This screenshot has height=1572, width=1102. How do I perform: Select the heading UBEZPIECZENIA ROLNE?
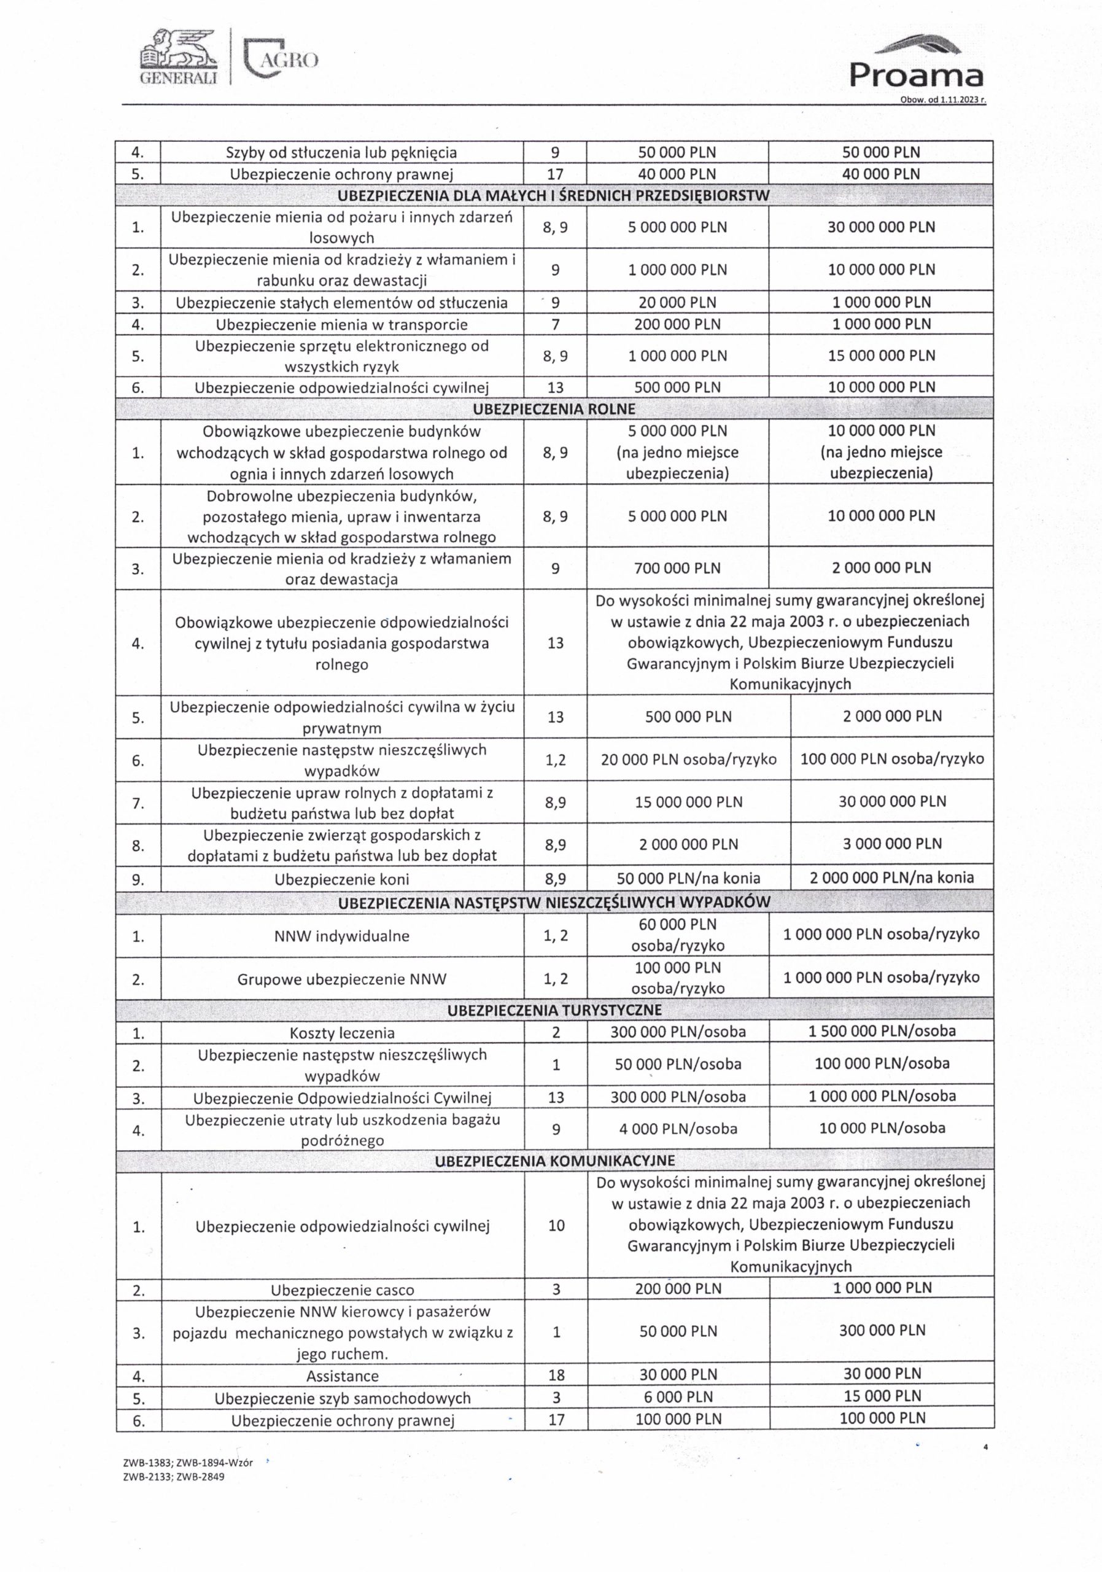click(554, 409)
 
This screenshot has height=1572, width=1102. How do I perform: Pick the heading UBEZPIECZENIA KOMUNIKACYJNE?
click(554, 1160)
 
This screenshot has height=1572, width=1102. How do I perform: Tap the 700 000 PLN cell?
click(677, 567)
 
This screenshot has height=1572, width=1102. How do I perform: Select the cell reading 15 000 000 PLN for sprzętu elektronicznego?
click(881, 356)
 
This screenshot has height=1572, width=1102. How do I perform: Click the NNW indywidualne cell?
click(341, 935)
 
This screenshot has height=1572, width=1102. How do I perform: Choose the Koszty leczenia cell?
click(341, 1032)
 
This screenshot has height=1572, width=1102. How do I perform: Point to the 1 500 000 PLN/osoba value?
click(882, 1031)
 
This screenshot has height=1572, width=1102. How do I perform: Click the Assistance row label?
click(341, 1375)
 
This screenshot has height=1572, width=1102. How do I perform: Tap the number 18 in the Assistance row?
click(556, 1375)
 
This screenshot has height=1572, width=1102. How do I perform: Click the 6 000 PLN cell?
click(678, 1397)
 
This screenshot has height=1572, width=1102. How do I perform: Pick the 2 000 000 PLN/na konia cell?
click(891, 877)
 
